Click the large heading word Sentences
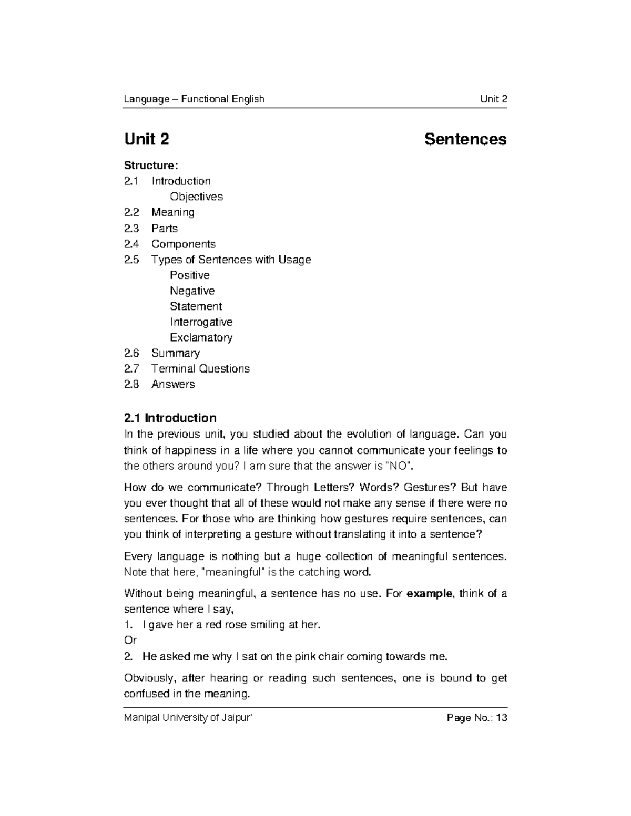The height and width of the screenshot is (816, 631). point(465,139)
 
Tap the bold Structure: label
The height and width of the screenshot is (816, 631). point(151,166)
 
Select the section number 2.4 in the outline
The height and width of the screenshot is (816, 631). point(131,244)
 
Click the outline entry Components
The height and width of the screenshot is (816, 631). point(183,244)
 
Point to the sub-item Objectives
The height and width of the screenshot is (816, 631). point(196,197)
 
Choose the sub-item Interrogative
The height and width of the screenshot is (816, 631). point(201,322)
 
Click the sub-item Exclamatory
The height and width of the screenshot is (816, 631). point(201,337)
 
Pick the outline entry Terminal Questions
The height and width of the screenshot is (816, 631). point(200,369)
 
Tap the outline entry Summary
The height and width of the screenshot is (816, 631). point(175,353)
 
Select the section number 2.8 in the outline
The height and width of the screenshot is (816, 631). point(131,384)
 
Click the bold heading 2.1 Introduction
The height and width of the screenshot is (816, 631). point(170,418)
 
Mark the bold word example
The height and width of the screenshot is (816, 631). point(430,594)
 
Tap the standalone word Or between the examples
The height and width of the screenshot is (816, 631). point(130,641)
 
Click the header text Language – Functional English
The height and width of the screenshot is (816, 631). point(194,99)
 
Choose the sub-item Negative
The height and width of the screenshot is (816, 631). point(192,291)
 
